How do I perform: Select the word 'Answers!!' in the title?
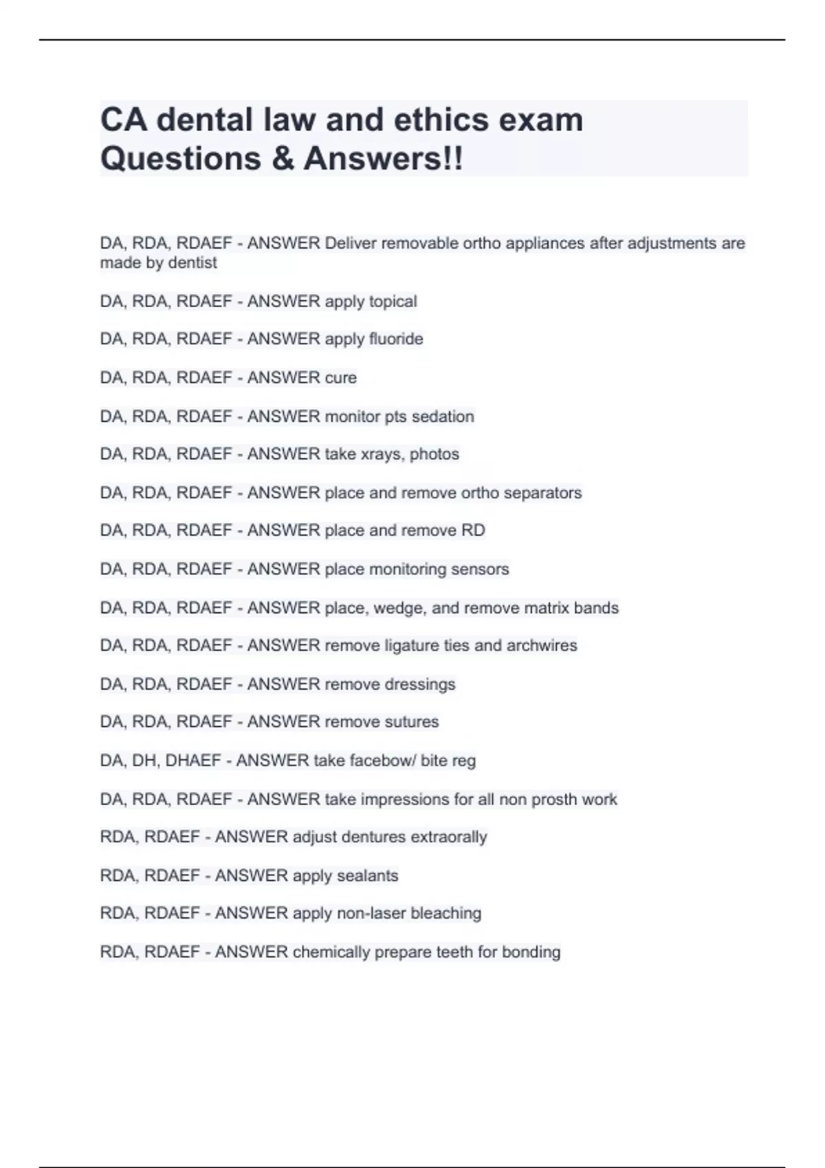(384, 159)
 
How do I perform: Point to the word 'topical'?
(393, 302)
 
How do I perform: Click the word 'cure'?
(340, 378)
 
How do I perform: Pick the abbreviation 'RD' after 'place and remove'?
(474, 530)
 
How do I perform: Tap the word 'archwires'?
(542, 645)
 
